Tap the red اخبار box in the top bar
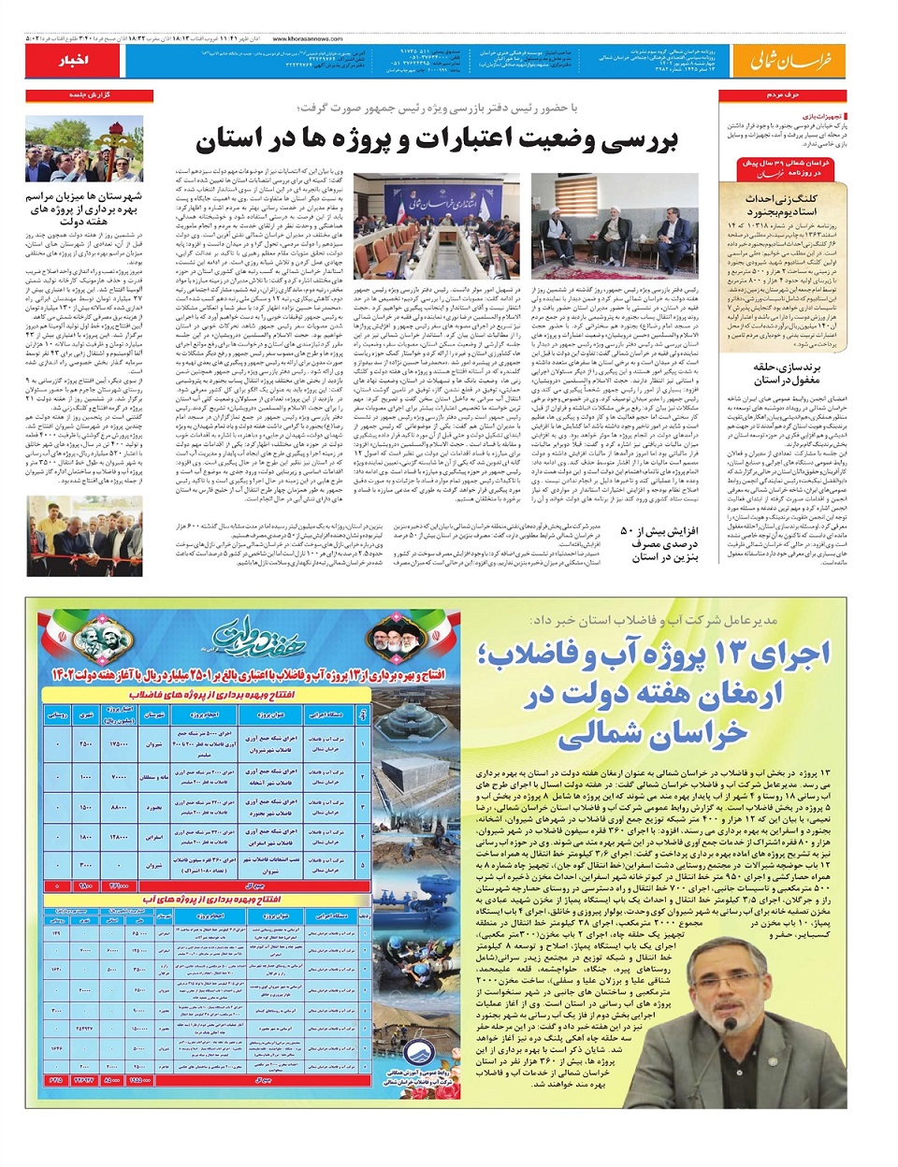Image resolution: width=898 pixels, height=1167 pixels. click(72, 61)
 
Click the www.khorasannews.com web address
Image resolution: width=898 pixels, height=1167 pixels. click(300, 39)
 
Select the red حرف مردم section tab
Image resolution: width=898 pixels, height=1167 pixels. click(782, 95)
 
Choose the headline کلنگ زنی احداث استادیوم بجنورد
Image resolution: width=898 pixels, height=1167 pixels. click(781, 205)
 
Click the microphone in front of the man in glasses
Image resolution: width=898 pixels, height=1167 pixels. click(729, 1028)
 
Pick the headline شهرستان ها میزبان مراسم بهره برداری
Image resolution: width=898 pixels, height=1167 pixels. click(84, 209)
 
